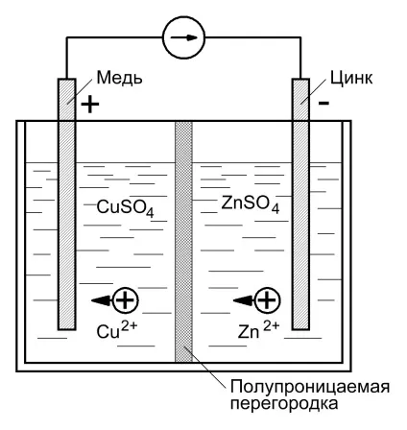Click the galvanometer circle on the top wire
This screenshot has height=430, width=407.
coord(184,16)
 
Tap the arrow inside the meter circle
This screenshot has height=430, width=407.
coord(184,37)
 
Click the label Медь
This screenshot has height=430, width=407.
coord(119,78)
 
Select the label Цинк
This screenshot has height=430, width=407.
coord(351,78)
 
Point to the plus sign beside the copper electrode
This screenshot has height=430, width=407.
coord(90,104)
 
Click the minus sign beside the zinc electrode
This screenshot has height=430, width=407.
coord(323,103)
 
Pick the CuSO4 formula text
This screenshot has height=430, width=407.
coord(126,208)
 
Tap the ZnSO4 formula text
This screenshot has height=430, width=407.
coord(251,204)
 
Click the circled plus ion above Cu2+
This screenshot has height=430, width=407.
coord(125,300)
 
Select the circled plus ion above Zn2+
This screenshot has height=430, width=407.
coord(267,300)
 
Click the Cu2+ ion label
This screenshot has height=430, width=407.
coord(117,330)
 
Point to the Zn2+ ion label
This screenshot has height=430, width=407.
coord(258,330)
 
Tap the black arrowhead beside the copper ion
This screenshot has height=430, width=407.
coord(102,300)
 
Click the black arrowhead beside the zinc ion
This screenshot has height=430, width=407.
coord(244,300)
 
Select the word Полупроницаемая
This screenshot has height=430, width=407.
coord(310,387)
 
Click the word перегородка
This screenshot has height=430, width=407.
coord(284,404)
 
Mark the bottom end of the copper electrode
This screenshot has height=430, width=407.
coord(66,329)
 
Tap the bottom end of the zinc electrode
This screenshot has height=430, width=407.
coord(300,328)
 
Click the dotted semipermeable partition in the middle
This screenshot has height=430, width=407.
coord(184,242)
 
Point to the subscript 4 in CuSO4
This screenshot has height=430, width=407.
coord(150,213)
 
